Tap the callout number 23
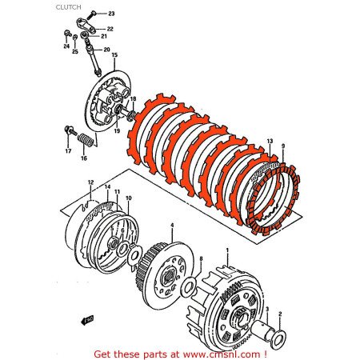tap(111, 14)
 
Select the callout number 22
tap(110, 29)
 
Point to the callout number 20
tap(106, 49)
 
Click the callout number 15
tap(114, 55)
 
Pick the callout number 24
tap(66, 46)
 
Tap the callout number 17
tap(67, 149)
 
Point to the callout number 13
tap(270, 139)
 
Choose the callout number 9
tap(282, 146)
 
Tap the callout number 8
tap(202, 258)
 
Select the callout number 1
tap(230, 249)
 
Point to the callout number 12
tap(91, 182)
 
